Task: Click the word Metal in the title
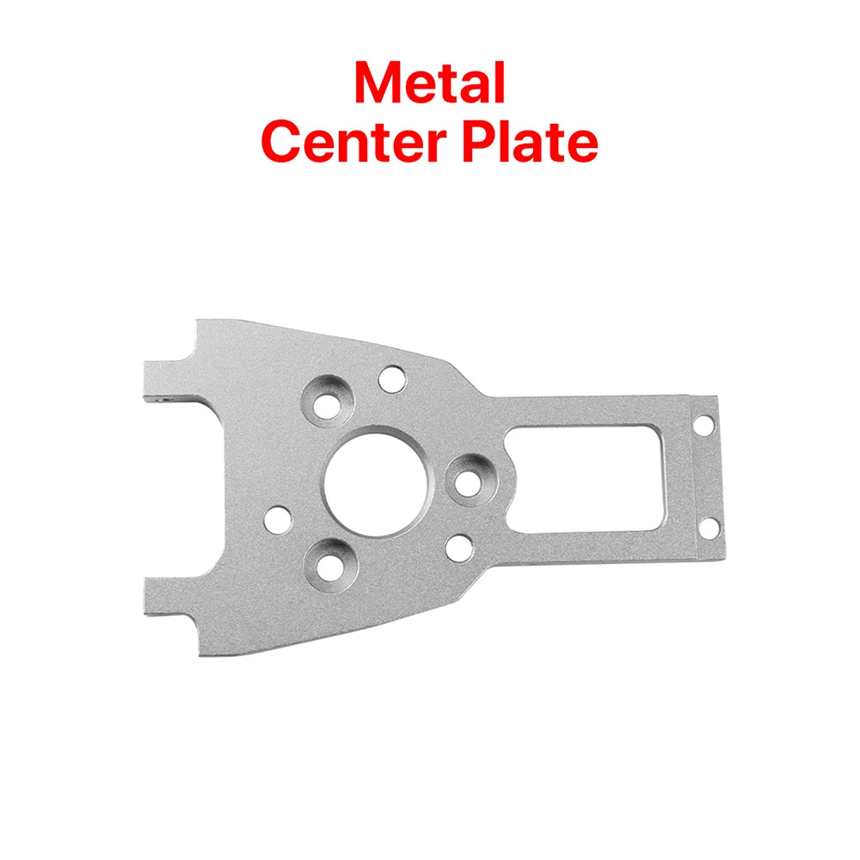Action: click(429, 83)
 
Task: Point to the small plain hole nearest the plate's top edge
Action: click(392, 378)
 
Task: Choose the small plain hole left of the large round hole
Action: click(279, 519)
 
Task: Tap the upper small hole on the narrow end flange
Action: click(703, 424)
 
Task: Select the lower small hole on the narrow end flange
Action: click(704, 525)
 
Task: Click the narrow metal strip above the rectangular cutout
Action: click(593, 411)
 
